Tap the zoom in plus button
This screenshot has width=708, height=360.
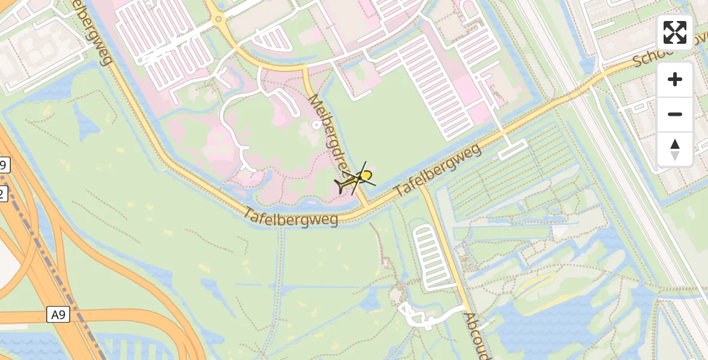point(675,80)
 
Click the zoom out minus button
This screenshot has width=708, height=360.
point(675,114)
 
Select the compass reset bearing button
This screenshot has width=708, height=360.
point(675,149)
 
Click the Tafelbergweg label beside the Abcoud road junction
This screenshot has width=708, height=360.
point(438,171)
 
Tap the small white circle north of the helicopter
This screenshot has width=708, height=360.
point(316,124)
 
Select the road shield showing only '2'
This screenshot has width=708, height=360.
point(3,193)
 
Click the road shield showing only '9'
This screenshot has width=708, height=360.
point(4,166)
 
